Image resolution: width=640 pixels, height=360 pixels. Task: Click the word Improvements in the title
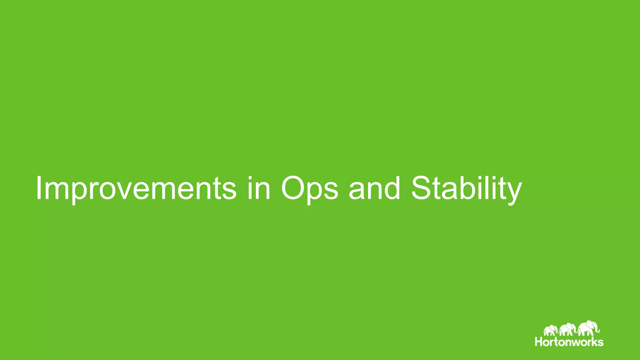(136, 188)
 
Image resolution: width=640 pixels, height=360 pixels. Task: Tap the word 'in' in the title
(259, 188)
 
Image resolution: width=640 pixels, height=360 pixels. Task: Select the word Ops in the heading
(309, 188)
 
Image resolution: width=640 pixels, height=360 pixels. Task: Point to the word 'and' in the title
(374, 188)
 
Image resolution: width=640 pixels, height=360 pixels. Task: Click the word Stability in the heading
(466, 188)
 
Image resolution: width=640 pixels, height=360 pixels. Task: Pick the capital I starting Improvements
(39, 188)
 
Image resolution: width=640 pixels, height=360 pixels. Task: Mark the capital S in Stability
(422, 188)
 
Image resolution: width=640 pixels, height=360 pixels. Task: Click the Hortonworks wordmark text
(569, 342)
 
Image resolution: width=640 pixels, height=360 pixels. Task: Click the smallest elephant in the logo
(550, 330)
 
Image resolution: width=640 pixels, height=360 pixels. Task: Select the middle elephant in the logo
(567, 329)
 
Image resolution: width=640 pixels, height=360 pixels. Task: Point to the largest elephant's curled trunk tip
(599, 331)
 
